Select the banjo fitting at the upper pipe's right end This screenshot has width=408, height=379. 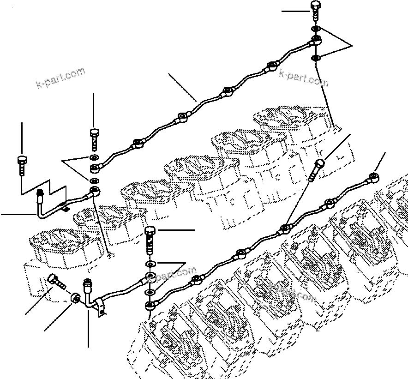[x=316, y=40]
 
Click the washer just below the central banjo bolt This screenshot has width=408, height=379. [x=150, y=264]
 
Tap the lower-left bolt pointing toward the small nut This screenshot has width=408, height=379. [x=56, y=280]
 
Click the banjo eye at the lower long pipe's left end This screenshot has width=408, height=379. [x=150, y=306]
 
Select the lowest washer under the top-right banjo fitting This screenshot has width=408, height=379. [x=316, y=58]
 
